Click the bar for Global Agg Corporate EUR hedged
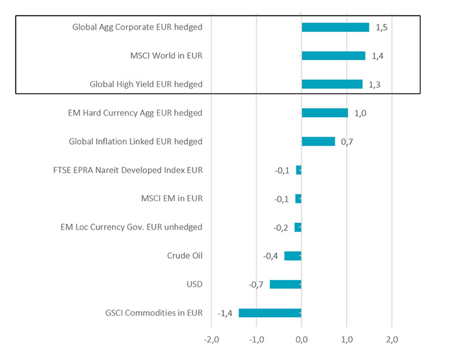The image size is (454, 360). [x=335, y=27]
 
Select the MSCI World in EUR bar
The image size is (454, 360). [x=333, y=56]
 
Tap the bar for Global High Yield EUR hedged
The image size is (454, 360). [x=332, y=84]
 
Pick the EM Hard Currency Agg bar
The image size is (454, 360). [x=325, y=113]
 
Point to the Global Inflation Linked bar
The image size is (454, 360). [x=318, y=141]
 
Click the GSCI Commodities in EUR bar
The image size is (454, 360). [x=270, y=313]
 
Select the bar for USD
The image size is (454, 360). [x=285, y=285]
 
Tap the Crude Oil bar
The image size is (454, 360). [x=293, y=256]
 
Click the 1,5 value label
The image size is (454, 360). [x=381, y=27]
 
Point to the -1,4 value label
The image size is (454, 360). [x=226, y=313]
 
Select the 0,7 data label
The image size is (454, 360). [x=347, y=142]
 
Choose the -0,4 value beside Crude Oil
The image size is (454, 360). [x=271, y=256]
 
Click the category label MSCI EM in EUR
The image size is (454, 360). [x=171, y=198]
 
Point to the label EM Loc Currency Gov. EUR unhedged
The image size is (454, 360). [x=131, y=227]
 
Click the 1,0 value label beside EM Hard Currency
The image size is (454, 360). [x=360, y=113]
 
